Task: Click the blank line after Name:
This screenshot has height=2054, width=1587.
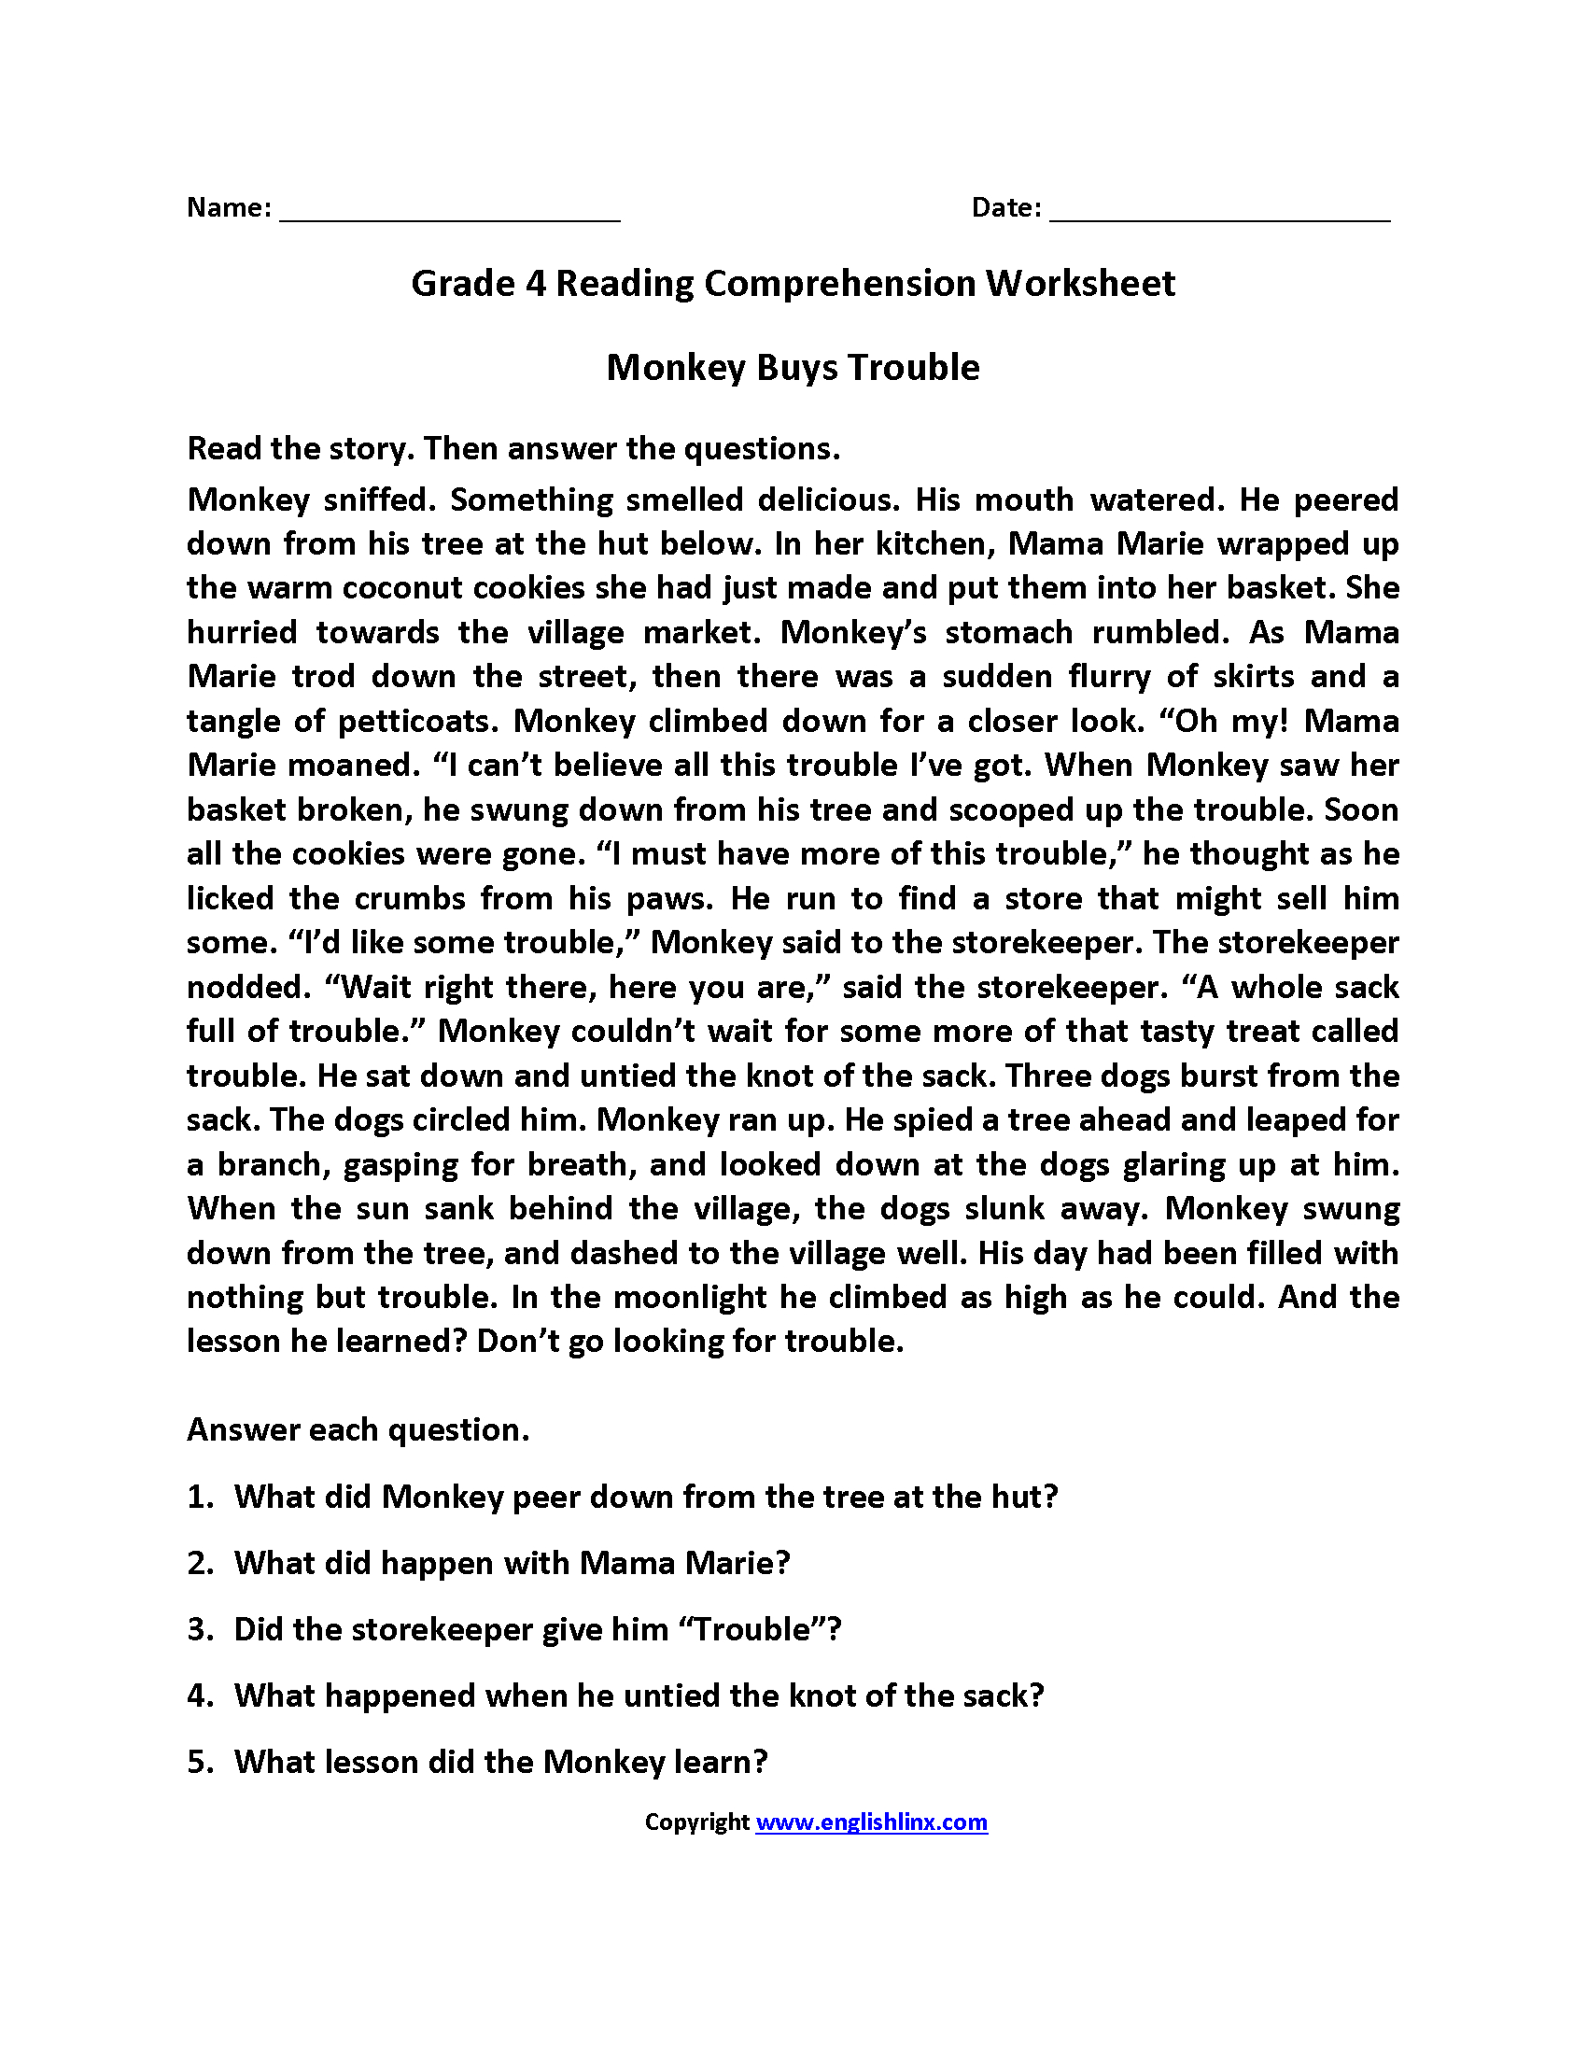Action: tap(449, 215)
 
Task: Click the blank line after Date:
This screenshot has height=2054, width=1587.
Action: tap(1219, 215)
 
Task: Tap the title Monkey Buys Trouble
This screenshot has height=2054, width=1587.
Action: tap(793, 368)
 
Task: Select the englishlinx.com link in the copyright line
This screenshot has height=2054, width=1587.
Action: tap(871, 1822)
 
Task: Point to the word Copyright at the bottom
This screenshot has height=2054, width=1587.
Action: tap(695, 1822)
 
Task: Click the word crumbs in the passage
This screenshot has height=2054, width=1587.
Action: tap(409, 898)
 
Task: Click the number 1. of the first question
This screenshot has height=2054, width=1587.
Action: tap(201, 1498)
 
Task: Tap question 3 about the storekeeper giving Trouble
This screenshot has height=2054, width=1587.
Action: tap(537, 1630)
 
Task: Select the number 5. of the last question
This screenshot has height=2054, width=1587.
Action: tap(201, 1762)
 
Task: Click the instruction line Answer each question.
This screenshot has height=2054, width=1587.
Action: tap(358, 1430)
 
